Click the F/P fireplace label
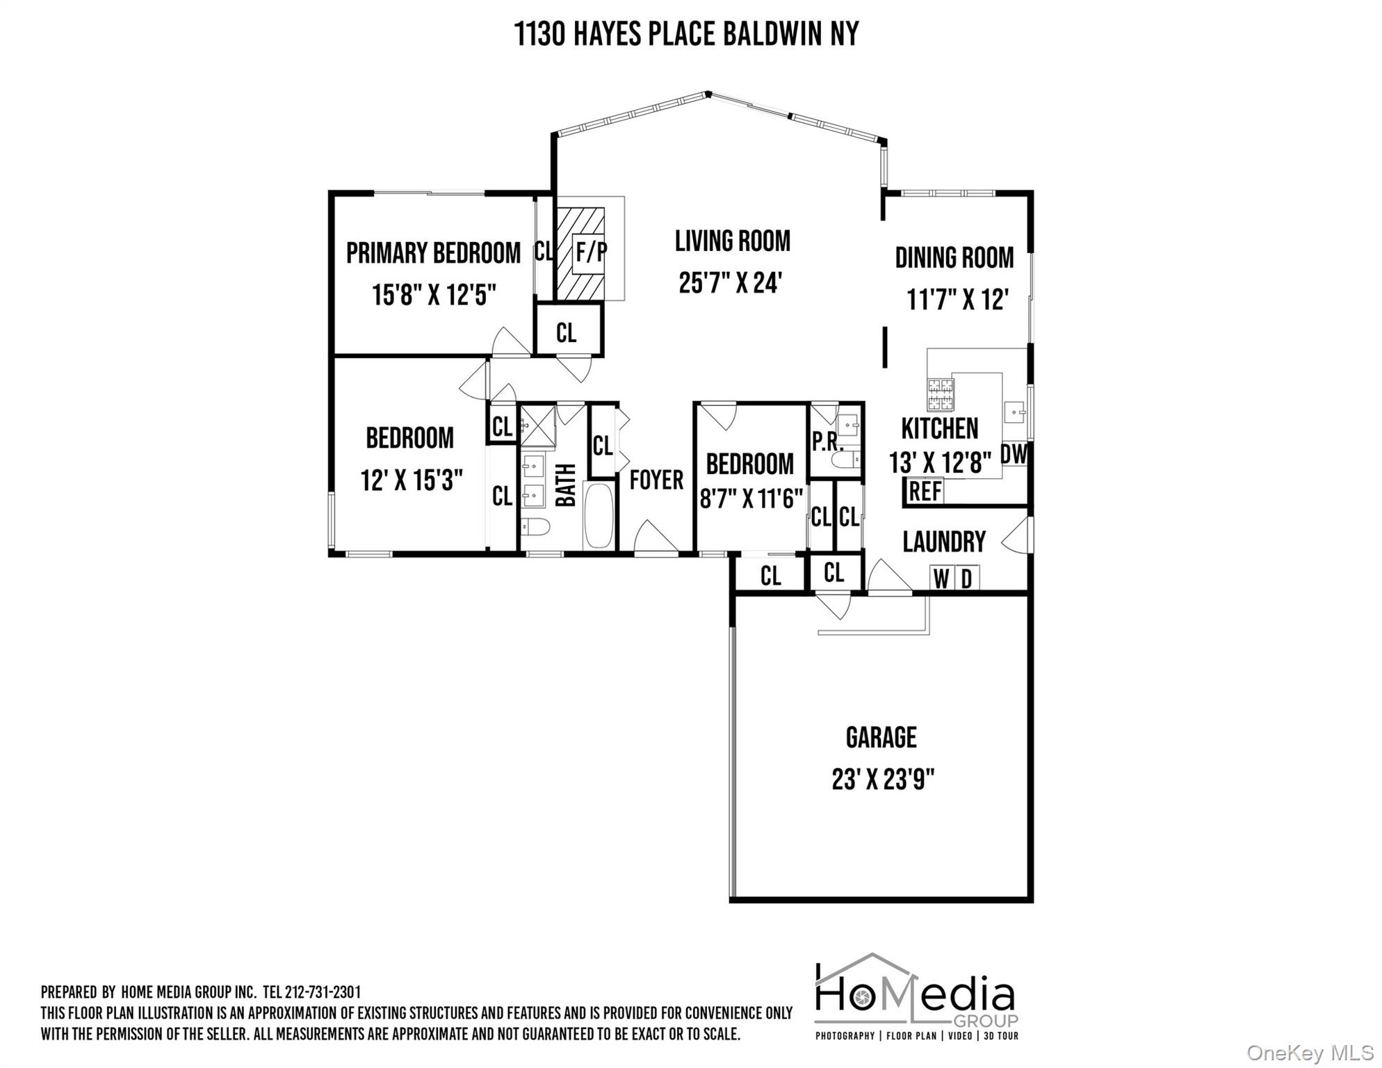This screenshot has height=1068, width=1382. point(590,252)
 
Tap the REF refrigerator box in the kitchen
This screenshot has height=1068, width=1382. point(925,492)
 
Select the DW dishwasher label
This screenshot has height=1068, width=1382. point(1014,455)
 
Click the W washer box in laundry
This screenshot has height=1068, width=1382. point(941,578)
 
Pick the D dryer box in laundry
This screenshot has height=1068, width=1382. point(966,578)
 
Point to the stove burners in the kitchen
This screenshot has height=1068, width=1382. point(940,394)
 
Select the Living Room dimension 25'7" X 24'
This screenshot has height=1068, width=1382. point(731,283)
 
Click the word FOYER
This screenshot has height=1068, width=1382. point(656,480)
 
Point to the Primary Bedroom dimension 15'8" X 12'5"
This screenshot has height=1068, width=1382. point(434,295)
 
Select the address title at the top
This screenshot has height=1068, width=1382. point(687,33)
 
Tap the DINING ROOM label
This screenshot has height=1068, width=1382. point(954,258)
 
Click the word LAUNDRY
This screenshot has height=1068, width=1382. point(944,542)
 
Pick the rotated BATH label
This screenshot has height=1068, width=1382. point(566,485)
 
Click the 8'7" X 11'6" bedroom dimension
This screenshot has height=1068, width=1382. point(751,499)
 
